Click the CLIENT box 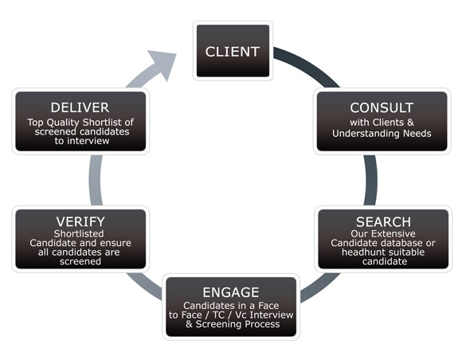233,51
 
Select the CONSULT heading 382,108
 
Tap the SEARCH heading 383,221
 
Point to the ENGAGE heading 231,292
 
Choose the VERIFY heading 80,221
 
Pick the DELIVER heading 80,108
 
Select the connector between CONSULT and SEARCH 370,180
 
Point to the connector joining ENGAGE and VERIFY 144,285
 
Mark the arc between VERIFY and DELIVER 96,180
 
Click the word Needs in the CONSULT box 417,134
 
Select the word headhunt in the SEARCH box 361,252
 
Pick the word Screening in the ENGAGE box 214,324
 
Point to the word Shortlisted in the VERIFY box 79,233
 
